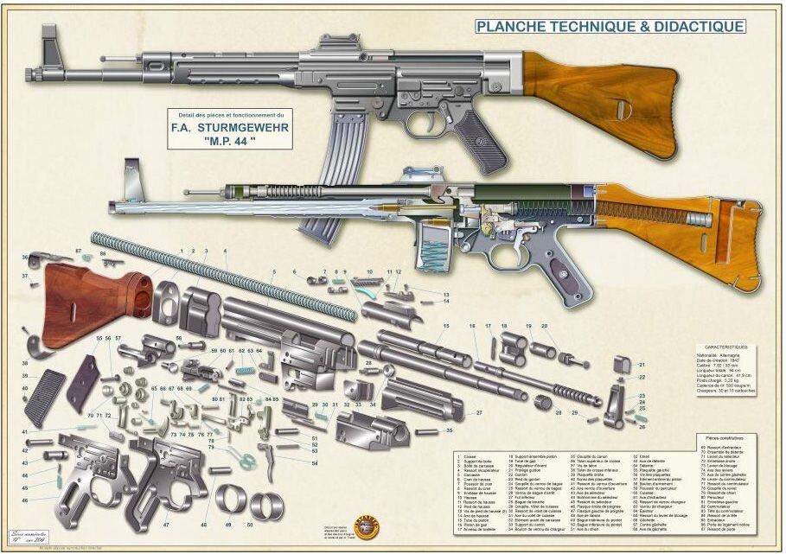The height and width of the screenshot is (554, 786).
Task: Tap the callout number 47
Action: (x=165, y=525)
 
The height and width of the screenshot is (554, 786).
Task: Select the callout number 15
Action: (x=446, y=326)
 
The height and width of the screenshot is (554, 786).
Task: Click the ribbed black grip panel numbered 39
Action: (x=45, y=397)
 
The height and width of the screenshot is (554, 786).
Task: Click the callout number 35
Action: (x=450, y=430)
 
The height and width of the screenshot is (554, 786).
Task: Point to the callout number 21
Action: (x=642, y=365)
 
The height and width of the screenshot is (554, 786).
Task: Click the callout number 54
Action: (x=315, y=463)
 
